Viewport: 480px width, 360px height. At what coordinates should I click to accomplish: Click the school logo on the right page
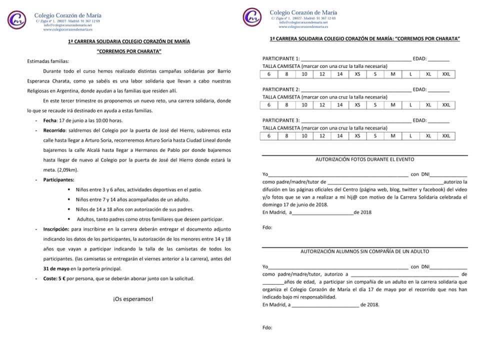(x=253, y=17)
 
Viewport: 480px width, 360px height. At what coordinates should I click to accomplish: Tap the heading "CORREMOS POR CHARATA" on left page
(x=129, y=51)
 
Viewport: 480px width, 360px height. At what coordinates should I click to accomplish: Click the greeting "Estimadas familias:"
(x=48, y=61)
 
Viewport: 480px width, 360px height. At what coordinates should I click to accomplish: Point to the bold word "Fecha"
(x=50, y=120)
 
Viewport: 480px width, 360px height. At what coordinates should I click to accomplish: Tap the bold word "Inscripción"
(x=56, y=229)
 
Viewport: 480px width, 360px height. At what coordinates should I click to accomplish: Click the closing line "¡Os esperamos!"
(x=133, y=299)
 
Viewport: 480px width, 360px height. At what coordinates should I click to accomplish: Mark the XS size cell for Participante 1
(x=357, y=74)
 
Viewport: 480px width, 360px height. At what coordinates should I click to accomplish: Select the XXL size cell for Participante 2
(x=446, y=105)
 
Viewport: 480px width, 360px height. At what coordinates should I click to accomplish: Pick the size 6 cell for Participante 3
(x=268, y=135)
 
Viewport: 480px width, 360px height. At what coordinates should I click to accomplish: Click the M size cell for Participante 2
(x=392, y=105)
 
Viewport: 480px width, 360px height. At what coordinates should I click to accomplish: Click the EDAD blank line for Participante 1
(x=438, y=59)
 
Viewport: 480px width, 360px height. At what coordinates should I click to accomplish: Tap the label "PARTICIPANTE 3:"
(x=281, y=120)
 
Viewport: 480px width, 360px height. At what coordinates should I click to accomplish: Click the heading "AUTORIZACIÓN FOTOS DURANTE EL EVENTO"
(x=364, y=159)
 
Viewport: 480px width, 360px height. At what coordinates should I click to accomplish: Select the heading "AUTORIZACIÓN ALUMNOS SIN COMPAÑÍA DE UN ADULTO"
(x=364, y=251)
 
